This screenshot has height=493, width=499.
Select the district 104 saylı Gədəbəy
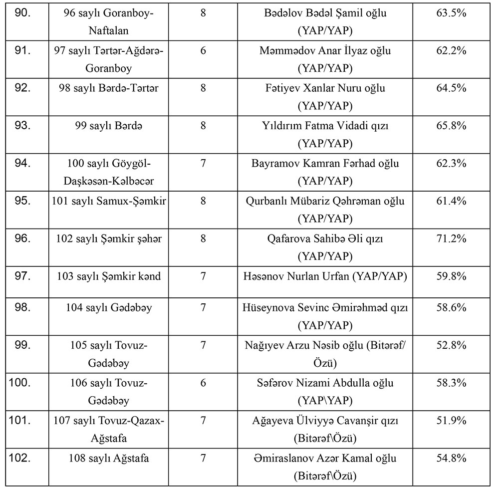[x=108, y=308]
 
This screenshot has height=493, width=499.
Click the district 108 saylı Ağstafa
[x=108, y=458]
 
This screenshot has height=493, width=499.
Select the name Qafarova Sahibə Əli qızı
[x=326, y=239]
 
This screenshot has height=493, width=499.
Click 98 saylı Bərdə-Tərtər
[x=108, y=88]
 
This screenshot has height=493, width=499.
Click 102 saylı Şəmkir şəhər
[x=108, y=239]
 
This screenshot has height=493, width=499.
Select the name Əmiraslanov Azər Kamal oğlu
[x=326, y=458]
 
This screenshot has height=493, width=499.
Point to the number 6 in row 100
[x=203, y=383]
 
